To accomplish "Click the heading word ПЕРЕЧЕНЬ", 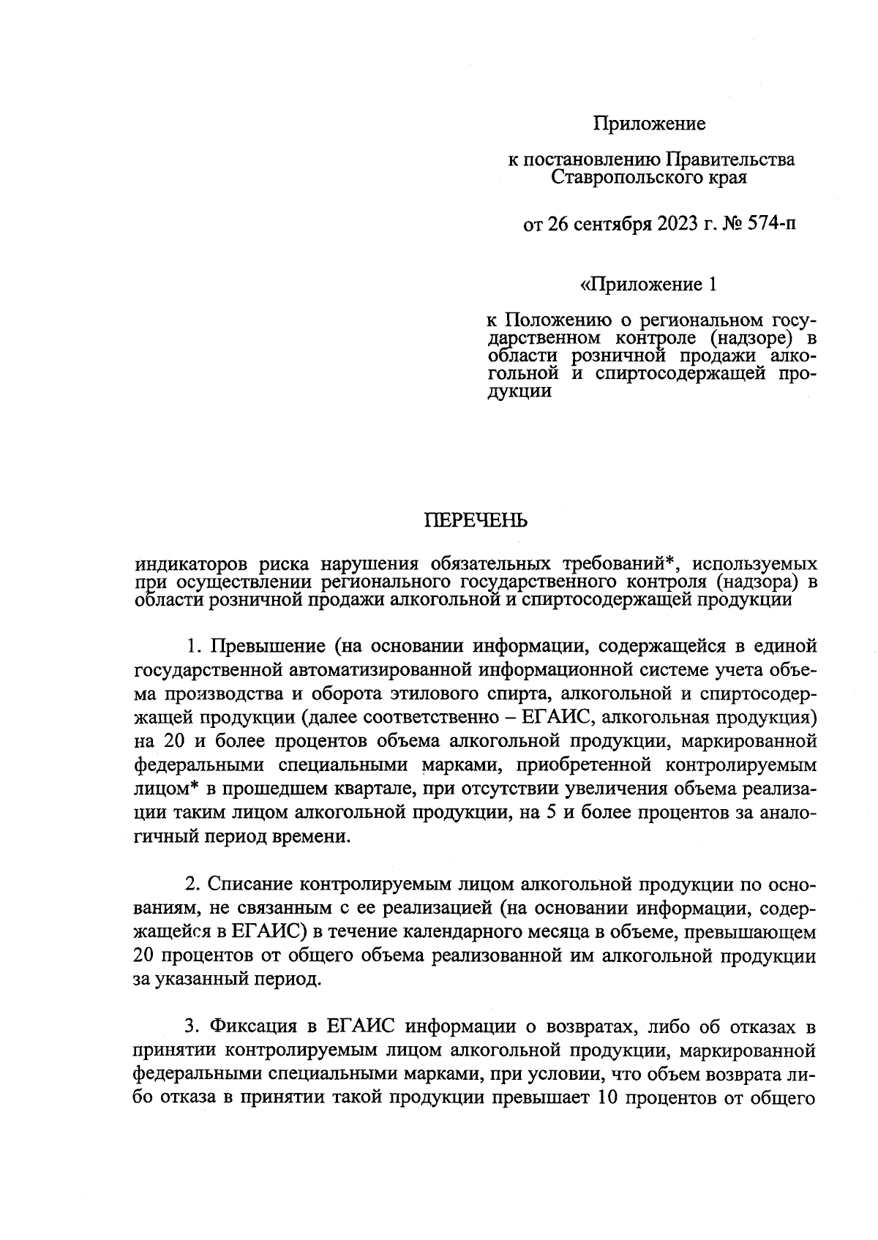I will pyautogui.click(x=476, y=521).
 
